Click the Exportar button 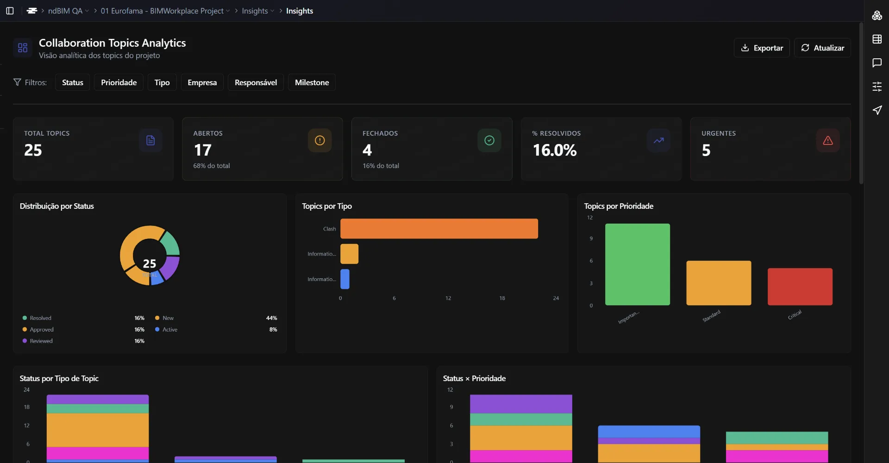pyautogui.click(x=761, y=48)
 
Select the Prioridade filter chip pyautogui.click(x=119, y=82)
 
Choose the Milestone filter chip pyautogui.click(x=312, y=82)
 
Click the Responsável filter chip pyautogui.click(x=256, y=82)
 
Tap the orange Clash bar pyautogui.click(x=438, y=229)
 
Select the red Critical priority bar pyautogui.click(x=800, y=287)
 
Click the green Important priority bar pyautogui.click(x=637, y=264)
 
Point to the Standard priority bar pyautogui.click(x=718, y=283)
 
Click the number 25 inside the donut pyautogui.click(x=149, y=263)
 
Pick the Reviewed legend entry pyautogui.click(x=41, y=341)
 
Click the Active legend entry pyautogui.click(x=169, y=330)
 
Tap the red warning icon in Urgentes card pyautogui.click(x=827, y=140)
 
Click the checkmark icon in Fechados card pyautogui.click(x=489, y=140)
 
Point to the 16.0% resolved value pyautogui.click(x=554, y=150)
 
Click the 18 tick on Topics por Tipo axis pyautogui.click(x=502, y=298)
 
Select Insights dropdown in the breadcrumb pyautogui.click(x=257, y=11)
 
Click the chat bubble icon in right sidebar pyautogui.click(x=876, y=63)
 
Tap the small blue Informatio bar pyautogui.click(x=344, y=279)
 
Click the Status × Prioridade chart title pyautogui.click(x=474, y=378)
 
